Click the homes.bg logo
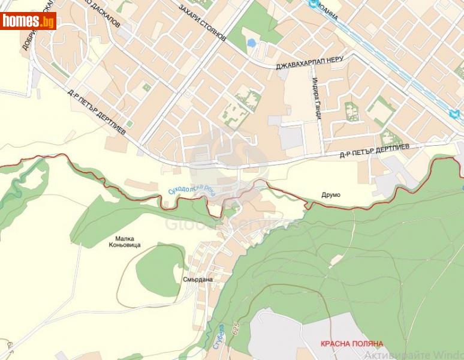28,21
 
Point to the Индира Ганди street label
317,98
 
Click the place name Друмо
330,195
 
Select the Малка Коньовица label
125,241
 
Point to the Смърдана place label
198,280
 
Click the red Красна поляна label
351,344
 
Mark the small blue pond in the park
251,43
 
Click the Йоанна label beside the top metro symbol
329,11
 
